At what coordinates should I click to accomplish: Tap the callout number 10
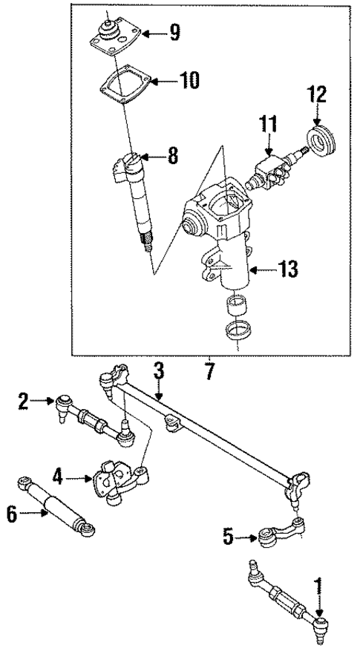(189, 80)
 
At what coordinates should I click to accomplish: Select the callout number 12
(318, 96)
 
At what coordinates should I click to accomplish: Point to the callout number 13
(287, 269)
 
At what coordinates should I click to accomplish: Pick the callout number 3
(158, 370)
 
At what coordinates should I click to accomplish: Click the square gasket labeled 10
(123, 90)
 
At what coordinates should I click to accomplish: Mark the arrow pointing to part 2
(43, 403)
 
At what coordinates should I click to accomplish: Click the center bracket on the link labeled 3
(172, 425)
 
